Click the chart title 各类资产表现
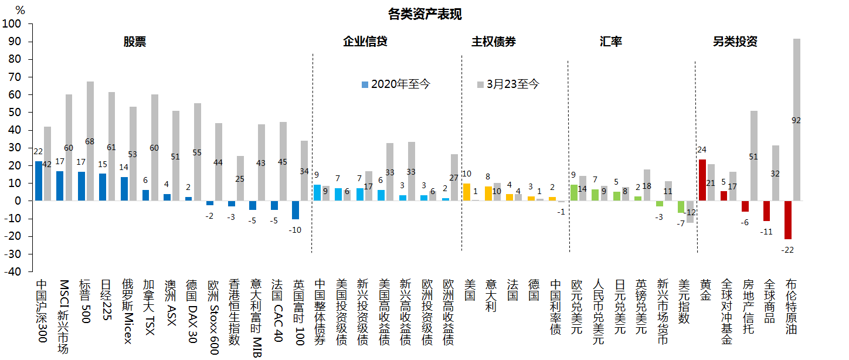pyautogui.click(x=424, y=14)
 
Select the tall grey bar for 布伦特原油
pyautogui.click(x=796, y=120)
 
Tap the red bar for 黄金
pyautogui.click(x=702, y=180)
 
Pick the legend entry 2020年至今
pyautogui.click(x=396, y=84)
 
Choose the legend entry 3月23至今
pyautogui.click(x=508, y=84)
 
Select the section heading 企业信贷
pyautogui.click(x=365, y=42)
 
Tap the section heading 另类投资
pyautogui.click(x=735, y=42)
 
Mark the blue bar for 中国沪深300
pyautogui.click(x=39, y=181)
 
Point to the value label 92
pyautogui.click(x=796, y=120)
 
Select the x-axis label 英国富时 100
pyautogui.click(x=298, y=311)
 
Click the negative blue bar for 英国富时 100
pyautogui.click(x=296, y=210)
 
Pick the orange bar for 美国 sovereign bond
pyautogui.click(x=467, y=192)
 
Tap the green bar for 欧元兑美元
pyautogui.click(x=574, y=193)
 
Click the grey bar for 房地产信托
pyautogui.click(x=753, y=156)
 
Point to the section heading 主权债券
pyautogui.click(x=494, y=42)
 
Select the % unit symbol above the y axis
pyautogui.click(x=20, y=10)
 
